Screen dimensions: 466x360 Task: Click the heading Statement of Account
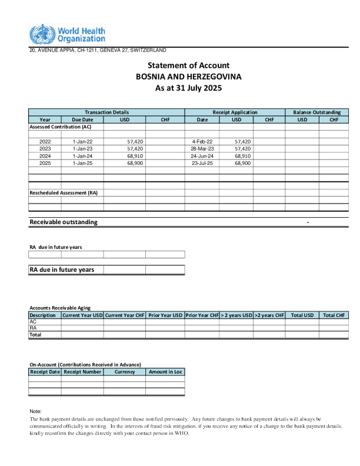188,65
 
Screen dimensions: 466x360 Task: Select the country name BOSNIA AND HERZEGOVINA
188,76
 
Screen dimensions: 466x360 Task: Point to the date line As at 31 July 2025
188,88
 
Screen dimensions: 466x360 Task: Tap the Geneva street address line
98,50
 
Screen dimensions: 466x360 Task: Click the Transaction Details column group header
106,112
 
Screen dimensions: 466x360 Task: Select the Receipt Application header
235,112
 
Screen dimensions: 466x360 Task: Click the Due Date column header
82,119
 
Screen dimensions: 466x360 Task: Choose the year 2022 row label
45,142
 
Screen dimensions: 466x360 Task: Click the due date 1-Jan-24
82,156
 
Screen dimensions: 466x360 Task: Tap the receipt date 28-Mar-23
202,149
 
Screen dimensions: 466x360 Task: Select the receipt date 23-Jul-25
202,163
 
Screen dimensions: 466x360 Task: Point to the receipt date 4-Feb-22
202,142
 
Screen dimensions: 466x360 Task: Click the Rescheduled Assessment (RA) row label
64,193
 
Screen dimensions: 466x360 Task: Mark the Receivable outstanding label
64,222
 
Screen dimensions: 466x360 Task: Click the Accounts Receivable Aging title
60,308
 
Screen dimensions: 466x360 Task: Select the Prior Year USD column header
165,315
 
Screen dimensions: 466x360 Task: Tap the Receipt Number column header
82,372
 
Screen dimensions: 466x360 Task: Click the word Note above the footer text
35,411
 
